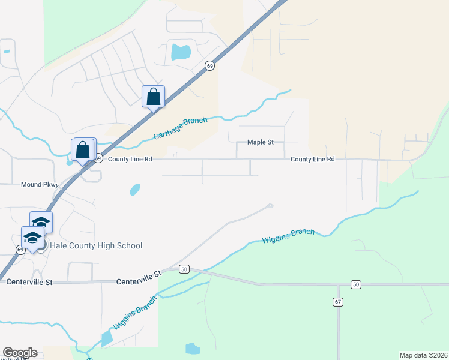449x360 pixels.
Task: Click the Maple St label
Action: pyautogui.click(x=261, y=142)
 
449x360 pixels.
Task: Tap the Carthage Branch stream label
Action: pyautogui.click(x=180, y=128)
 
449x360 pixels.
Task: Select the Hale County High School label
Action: pyautogui.click(x=96, y=245)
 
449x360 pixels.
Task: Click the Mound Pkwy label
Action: pyautogui.click(x=39, y=185)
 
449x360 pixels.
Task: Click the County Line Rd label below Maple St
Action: pyautogui.click(x=312, y=159)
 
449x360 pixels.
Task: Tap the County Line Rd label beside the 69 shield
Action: pyautogui.click(x=130, y=159)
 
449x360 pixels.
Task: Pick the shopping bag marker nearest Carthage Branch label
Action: pyautogui.click(x=153, y=97)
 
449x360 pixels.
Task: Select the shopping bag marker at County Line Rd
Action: pyautogui.click(x=83, y=150)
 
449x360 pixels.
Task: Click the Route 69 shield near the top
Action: pyautogui.click(x=209, y=67)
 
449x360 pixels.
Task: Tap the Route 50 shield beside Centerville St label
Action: pyautogui.click(x=184, y=269)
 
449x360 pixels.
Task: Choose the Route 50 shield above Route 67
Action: pyautogui.click(x=356, y=284)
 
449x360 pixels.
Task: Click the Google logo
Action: pyautogui.click(x=20, y=353)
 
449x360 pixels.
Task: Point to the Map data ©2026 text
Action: pyautogui.click(x=423, y=355)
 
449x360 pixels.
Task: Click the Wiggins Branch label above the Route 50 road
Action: pyautogui.click(x=288, y=236)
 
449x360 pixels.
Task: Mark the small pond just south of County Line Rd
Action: pyautogui.click(x=135, y=190)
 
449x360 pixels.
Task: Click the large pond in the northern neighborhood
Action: pyautogui.click(x=181, y=53)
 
